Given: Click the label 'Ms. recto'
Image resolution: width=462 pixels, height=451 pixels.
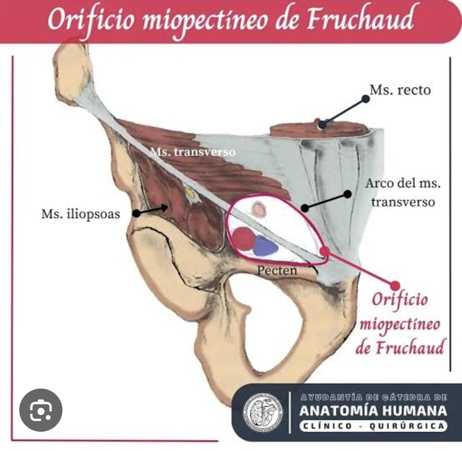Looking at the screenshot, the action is [x=400, y=91].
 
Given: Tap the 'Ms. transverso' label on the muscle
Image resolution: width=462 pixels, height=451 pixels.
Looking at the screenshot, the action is [x=193, y=152].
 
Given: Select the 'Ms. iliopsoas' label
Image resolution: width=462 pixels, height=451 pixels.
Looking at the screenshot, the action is [x=81, y=214].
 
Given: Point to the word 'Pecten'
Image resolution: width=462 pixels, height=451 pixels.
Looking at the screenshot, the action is [x=277, y=270].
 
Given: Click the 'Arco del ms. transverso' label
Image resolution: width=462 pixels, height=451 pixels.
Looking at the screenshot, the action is [x=402, y=193].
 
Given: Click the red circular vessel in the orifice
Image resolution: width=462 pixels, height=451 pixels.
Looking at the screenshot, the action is [x=243, y=238].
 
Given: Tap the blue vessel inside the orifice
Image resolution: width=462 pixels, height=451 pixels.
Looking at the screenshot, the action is [x=265, y=246].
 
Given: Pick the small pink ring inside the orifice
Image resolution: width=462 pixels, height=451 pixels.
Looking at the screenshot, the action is [x=259, y=210].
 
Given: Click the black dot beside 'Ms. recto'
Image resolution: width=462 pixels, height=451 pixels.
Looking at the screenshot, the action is [x=365, y=99].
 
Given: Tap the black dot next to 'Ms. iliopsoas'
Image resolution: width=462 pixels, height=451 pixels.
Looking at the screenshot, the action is [x=136, y=213].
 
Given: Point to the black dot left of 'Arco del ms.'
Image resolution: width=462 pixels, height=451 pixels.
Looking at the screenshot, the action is [x=348, y=194].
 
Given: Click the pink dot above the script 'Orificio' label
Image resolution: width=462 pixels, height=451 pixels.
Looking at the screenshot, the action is [x=395, y=285].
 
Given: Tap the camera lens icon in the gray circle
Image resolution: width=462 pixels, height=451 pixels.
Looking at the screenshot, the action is [x=41, y=410].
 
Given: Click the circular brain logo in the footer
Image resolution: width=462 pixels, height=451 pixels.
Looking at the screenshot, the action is [x=264, y=413].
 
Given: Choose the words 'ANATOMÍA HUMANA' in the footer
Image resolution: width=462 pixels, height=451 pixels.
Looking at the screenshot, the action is [x=373, y=411].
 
